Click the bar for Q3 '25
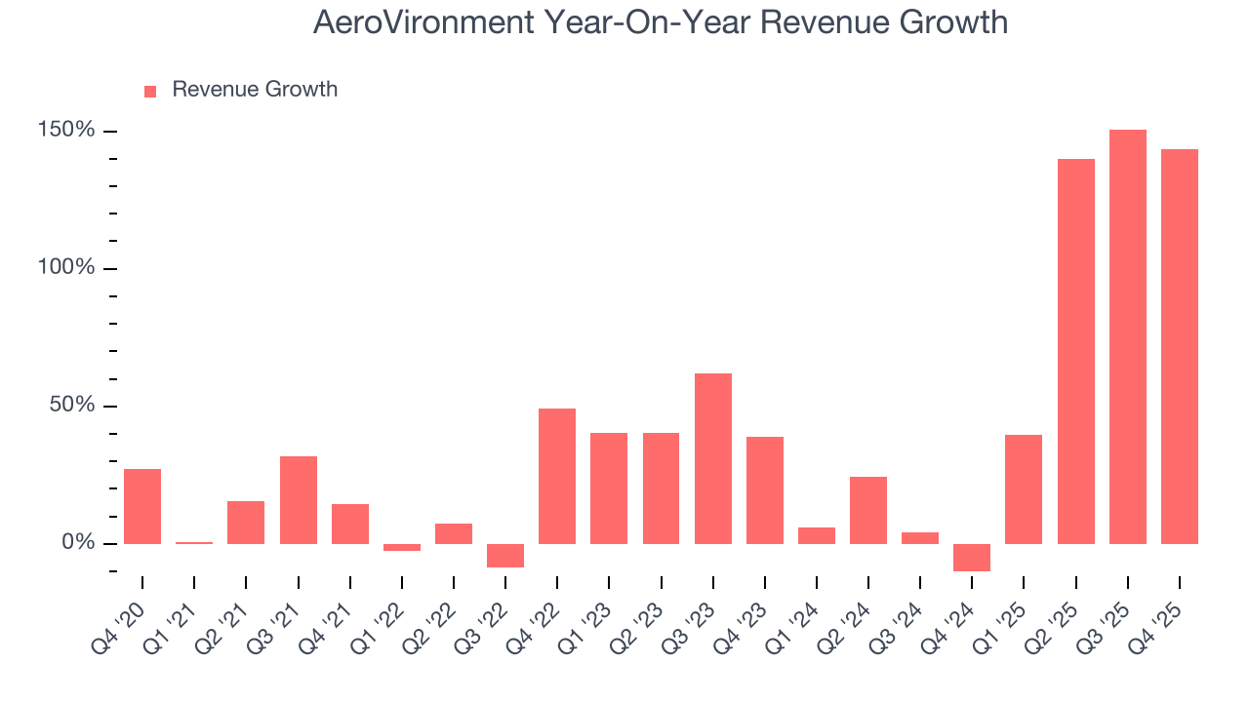[1127, 336]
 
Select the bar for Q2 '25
[1075, 351]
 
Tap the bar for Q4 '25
[1179, 346]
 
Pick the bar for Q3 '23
[712, 458]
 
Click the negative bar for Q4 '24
[972, 557]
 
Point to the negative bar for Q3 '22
[505, 555]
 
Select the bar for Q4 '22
[557, 476]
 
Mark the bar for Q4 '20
[142, 506]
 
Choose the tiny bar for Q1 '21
[194, 542]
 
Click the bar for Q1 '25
[1024, 488]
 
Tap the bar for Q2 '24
[868, 510]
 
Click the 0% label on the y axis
[80, 543]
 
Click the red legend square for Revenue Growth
[150, 91]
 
